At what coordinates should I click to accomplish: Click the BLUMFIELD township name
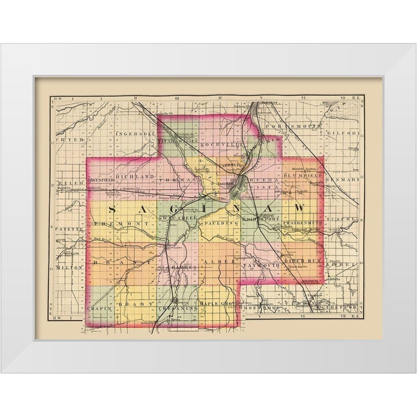point(302,176)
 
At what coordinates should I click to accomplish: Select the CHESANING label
point(178,308)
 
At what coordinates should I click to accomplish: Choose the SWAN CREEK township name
point(177,218)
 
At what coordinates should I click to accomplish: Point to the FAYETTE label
point(68,230)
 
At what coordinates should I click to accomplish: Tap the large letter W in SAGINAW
point(299,207)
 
